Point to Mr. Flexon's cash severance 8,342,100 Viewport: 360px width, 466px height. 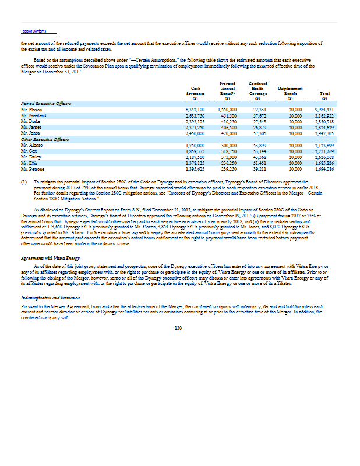tap(195, 110)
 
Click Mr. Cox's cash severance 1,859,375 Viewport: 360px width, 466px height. tap(195, 151)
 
